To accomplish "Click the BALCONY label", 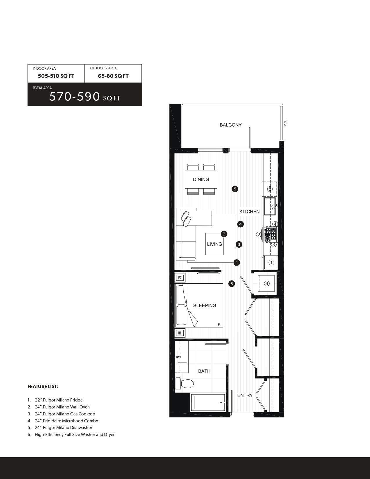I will pyautogui.click(x=230, y=125).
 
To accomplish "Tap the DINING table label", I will pyautogui.click(x=201, y=179).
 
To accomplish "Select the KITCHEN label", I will pyautogui.click(x=249, y=211).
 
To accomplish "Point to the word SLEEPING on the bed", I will pyautogui.click(x=205, y=305).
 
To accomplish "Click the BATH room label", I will pyautogui.click(x=204, y=371).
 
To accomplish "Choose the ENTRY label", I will pyautogui.click(x=245, y=395).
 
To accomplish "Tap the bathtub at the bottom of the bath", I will pyautogui.click(x=208, y=403).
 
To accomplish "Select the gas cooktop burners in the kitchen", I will pyautogui.click(x=270, y=234).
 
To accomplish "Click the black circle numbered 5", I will pyautogui.click(x=235, y=189).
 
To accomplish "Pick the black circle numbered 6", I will pyautogui.click(x=232, y=284).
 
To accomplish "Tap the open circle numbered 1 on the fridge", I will pyautogui.click(x=271, y=263).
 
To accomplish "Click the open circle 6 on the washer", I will pyautogui.click(x=267, y=283).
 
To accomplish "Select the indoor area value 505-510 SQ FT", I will pyautogui.click(x=56, y=76).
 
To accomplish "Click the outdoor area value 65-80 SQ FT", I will pyautogui.click(x=113, y=76).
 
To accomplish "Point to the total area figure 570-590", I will pyautogui.click(x=75, y=97).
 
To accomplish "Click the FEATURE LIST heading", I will pyautogui.click(x=43, y=386).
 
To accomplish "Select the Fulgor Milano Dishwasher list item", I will pyautogui.click(x=64, y=428).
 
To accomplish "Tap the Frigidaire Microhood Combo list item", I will pyautogui.click(x=66, y=421).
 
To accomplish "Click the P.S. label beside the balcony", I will pyautogui.click(x=285, y=123).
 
